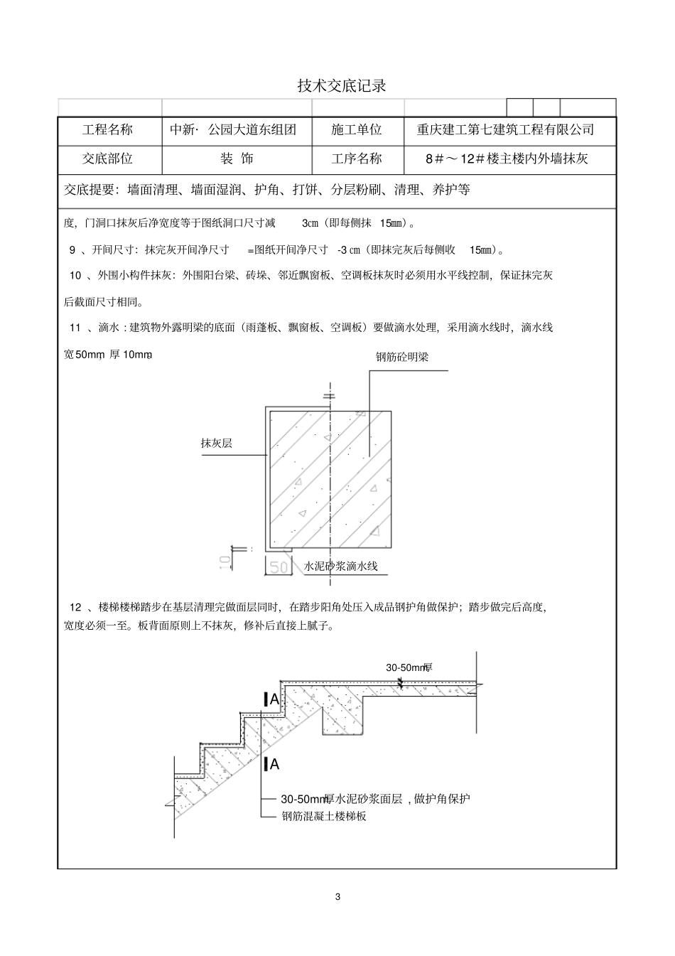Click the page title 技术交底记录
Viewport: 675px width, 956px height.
pos(342,86)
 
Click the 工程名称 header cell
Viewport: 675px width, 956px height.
pos(107,130)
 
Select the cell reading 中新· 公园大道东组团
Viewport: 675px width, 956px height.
pos(233,130)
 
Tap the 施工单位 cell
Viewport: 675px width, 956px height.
pos(357,130)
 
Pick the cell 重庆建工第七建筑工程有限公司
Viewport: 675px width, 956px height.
pos(505,130)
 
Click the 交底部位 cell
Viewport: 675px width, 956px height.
pos(107,159)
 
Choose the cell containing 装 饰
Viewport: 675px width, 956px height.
pos(237,159)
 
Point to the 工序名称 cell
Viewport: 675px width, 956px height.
pos(357,159)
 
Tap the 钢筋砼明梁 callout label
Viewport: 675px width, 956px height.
pos(402,357)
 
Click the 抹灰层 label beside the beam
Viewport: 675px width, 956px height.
pos(217,444)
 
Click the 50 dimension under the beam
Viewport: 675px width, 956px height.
pos(279,566)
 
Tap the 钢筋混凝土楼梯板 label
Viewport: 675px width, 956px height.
pos(323,817)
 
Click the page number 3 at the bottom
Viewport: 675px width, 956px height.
pos(337,896)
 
